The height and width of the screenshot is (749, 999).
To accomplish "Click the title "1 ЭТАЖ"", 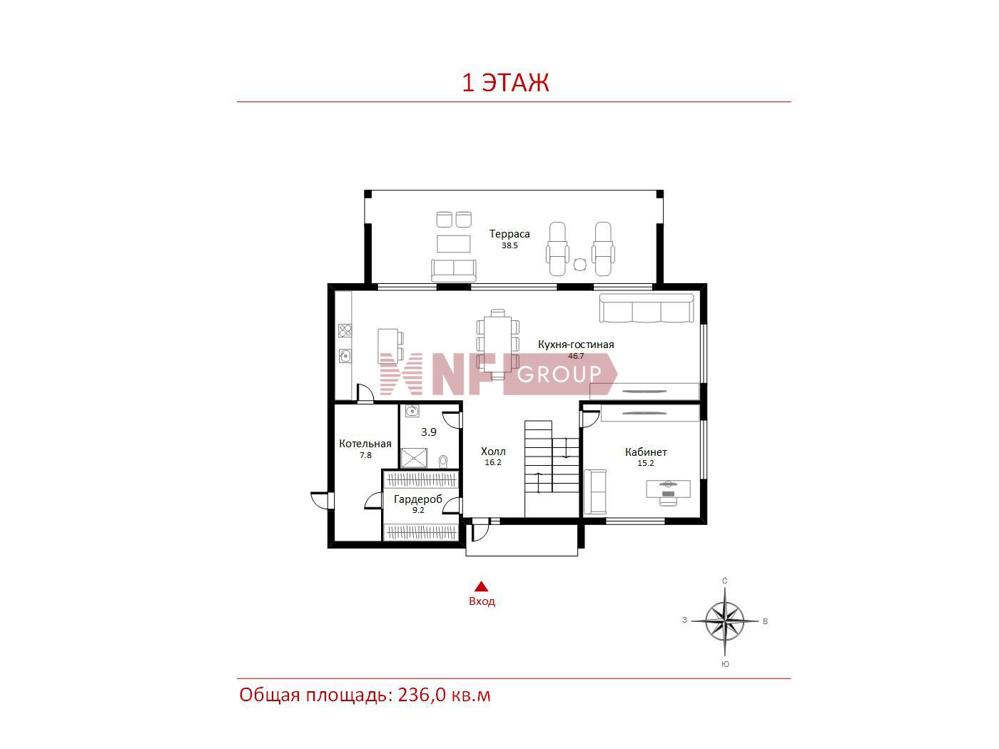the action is tap(505, 83).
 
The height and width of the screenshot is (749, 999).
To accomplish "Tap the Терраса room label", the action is tap(509, 234).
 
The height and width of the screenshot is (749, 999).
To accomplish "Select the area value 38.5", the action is tap(509, 245).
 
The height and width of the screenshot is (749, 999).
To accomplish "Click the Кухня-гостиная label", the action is tap(576, 345).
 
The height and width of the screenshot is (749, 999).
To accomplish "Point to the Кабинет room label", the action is tap(646, 452).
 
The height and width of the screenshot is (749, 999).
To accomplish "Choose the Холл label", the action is tap(493, 451).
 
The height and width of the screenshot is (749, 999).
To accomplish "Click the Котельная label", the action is tap(365, 444).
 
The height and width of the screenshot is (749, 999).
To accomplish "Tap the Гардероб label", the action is tap(418, 499).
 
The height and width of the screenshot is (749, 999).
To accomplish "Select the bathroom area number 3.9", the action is tap(429, 432).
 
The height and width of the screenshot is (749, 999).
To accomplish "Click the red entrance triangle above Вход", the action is tap(481, 586).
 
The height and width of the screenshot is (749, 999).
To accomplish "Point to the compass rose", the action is tap(724, 621).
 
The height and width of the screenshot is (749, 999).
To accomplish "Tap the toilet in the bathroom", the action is tap(443, 461).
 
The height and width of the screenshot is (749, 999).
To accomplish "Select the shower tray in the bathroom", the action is tap(414, 458).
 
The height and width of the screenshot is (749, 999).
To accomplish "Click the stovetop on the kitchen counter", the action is tap(345, 330).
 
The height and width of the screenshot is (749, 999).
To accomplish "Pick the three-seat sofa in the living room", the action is tap(646, 308).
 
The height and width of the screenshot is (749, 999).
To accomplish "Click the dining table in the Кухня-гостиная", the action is tap(497, 344).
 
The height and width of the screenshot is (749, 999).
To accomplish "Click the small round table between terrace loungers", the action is tap(580, 264).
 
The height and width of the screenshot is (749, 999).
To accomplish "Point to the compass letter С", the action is tap(724, 581).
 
